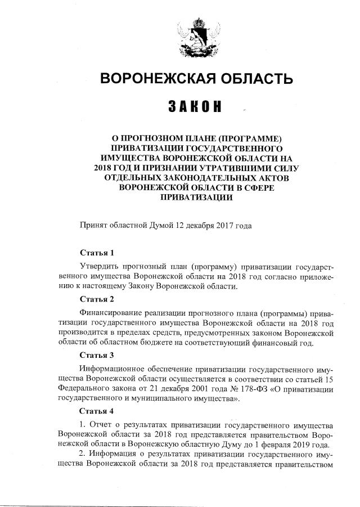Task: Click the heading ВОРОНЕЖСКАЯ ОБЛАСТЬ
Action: point(196,78)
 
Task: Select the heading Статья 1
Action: point(97,253)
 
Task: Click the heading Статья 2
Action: point(97,299)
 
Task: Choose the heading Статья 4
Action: point(97,411)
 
